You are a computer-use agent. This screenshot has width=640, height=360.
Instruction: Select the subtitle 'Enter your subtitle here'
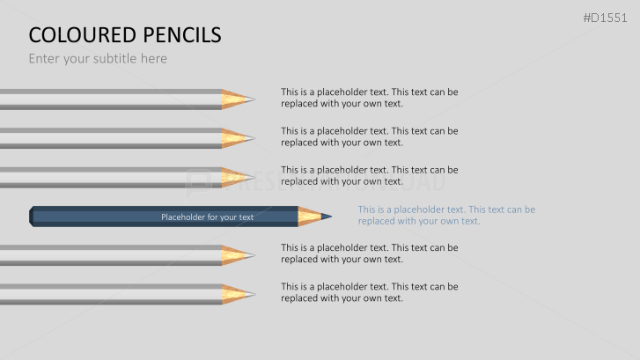tap(98, 59)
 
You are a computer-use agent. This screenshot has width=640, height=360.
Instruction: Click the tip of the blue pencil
tap(329, 216)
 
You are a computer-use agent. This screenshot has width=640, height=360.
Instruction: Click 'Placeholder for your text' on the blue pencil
tap(207, 217)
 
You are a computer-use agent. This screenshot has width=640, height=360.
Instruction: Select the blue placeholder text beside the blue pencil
tap(446, 215)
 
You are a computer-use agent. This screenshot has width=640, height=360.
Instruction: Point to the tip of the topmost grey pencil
tap(252, 99)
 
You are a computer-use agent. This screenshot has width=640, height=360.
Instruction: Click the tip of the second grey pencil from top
tap(252, 137)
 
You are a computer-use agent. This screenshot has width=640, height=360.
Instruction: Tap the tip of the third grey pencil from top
tap(252, 177)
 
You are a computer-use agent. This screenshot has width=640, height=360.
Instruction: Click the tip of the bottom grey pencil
tap(252, 295)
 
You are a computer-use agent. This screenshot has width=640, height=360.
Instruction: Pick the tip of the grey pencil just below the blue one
tap(252, 255)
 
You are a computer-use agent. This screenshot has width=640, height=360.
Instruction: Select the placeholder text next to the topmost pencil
tap(369, 97)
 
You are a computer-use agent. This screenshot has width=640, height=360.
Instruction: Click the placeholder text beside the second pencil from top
tap(369, 136)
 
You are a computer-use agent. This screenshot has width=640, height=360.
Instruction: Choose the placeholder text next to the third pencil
tap(369, 175)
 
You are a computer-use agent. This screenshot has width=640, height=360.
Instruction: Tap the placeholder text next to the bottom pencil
tap(369, 292)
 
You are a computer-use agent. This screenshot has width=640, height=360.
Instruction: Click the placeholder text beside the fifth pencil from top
tap(369, 253)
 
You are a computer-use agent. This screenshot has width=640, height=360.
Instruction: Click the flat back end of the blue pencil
tap(32, 217)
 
